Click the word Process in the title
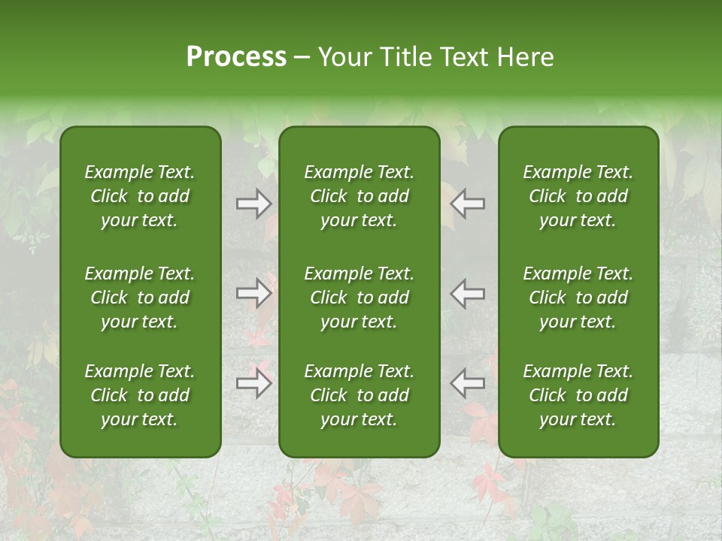[236, 57]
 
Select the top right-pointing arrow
[253, 204]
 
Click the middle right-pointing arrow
[253, 293]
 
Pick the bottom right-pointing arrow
[253, 383]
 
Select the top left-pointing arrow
[467, 204]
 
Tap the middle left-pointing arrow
[467, 293]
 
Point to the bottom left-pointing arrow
[467, 383]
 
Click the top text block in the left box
[140, 196]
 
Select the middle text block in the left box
[140, 298]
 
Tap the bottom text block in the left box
[140, 395]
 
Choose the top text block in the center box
[359, 196]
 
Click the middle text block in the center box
[359, 298]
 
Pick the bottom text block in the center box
[359, 395]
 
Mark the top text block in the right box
[578, 196]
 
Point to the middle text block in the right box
[578, 298]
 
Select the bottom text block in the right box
[578, 395]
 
